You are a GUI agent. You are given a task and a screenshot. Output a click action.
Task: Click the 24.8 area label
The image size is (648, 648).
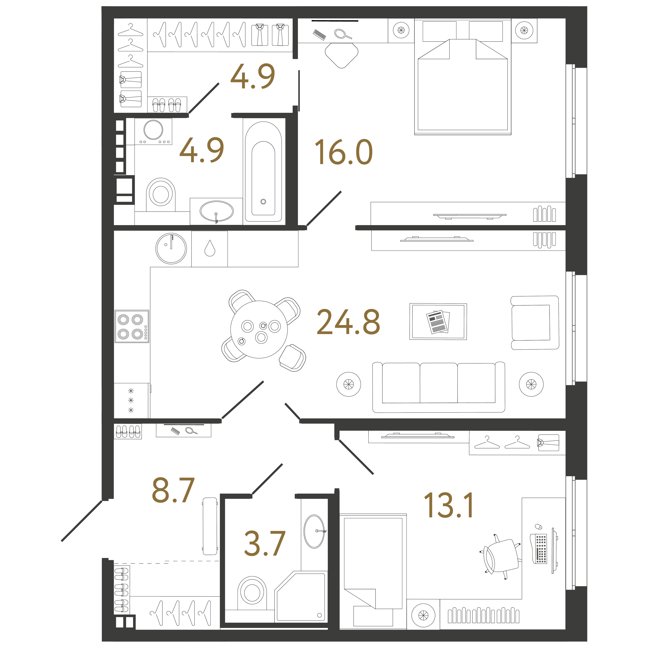348,322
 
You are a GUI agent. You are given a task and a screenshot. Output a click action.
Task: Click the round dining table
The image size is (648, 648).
259,329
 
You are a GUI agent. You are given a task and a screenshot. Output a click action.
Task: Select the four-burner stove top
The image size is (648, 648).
132,326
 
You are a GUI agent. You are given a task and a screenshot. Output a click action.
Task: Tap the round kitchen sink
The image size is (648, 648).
171,249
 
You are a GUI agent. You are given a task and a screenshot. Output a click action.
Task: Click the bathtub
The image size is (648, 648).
263,171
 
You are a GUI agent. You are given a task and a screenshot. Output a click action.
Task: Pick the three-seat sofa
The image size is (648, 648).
439,387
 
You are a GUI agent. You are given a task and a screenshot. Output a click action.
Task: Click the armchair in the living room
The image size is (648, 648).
535,323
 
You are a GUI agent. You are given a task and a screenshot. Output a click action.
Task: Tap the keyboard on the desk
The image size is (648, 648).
541,549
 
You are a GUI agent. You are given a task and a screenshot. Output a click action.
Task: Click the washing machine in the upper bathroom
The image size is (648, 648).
153,131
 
